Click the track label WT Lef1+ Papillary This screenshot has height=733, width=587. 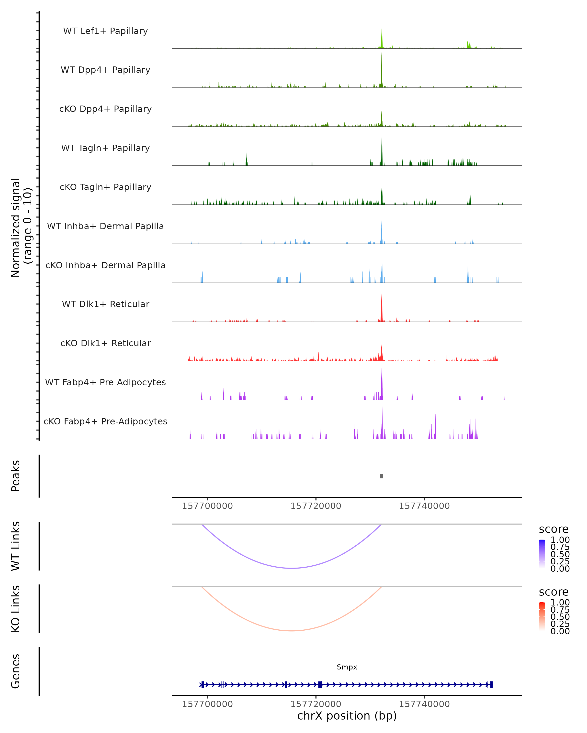105,31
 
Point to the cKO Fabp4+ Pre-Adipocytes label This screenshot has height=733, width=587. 105,421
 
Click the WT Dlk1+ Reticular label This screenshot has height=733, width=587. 105,304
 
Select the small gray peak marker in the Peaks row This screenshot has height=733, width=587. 382,476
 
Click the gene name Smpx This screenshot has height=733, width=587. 347,667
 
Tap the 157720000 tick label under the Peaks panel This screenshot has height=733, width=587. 316,506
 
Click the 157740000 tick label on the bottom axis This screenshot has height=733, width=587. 424,704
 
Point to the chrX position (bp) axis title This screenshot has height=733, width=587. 347,716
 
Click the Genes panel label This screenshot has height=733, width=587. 16,671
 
